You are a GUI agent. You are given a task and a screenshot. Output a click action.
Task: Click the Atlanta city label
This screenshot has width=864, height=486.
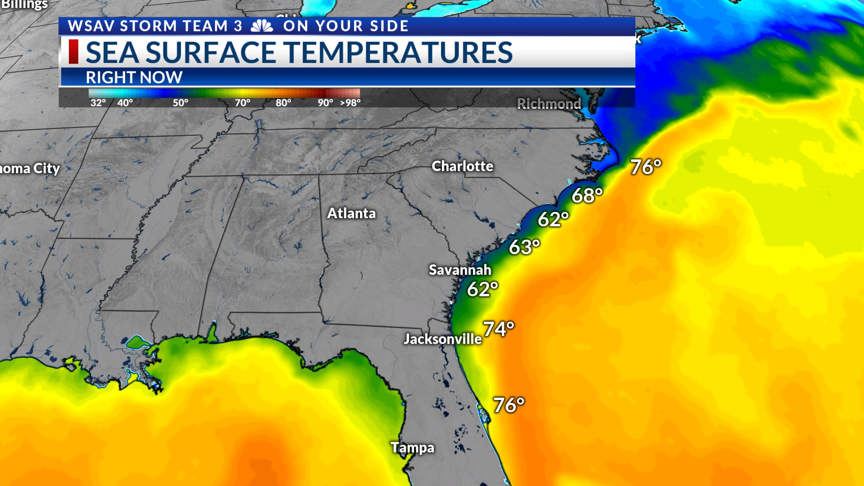pyautogui.click(x=351, y=213)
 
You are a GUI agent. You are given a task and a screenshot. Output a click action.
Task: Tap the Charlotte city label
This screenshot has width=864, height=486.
pyautogui.click(x=462, y=166)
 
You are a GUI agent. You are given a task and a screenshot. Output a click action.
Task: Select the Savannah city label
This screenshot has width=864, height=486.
pyautogui.click(x=459, y=270)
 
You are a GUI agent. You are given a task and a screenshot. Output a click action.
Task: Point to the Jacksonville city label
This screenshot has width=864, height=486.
pyautogui.click(x=442, y=339)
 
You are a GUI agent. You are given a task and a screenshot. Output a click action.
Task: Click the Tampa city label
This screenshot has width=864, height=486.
pyautogui.click(x=412, y=448)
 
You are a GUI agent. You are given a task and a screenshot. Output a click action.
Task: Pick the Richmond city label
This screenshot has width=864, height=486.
pyautogui.click(x=549, y=104)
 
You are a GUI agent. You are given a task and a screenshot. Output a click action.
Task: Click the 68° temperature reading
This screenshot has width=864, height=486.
pyautogui.click(x=587, y=196)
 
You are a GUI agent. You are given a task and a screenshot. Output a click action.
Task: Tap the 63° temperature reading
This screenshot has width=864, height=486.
pyautogui.click(x=524, y=247)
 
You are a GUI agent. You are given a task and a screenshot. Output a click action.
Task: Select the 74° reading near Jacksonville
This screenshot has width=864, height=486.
pyautogui.click(x=498, y=329)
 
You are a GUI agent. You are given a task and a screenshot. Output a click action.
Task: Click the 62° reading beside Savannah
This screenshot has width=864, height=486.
pyautogui.click(x=482, y=289)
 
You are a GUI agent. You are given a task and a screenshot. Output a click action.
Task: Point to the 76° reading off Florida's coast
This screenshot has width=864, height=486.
pyautogui.click(x=509, y=405)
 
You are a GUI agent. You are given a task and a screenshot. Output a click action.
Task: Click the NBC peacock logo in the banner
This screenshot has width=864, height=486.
pyautogui.click(x=262, y=26)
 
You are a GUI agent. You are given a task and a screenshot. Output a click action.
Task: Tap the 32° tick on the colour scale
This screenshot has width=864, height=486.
pyautogui.click(x=98, y=103)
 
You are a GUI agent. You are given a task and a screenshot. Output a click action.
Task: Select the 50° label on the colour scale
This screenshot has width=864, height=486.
pyautogui.click(x=180, y=103)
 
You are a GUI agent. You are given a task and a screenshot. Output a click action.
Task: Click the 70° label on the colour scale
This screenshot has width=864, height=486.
pyautogui.click(x=243, y=103)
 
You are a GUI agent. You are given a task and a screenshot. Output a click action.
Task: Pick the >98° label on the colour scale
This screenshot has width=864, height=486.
pyautogui.click(x=350, y=103)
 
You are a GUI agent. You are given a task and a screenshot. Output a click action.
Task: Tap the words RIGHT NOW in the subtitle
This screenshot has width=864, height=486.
pyautogui.click(x=134, y=77)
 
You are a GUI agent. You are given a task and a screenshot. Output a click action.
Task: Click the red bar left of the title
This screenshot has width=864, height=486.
pyautogui.click(x=73, y=52)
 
